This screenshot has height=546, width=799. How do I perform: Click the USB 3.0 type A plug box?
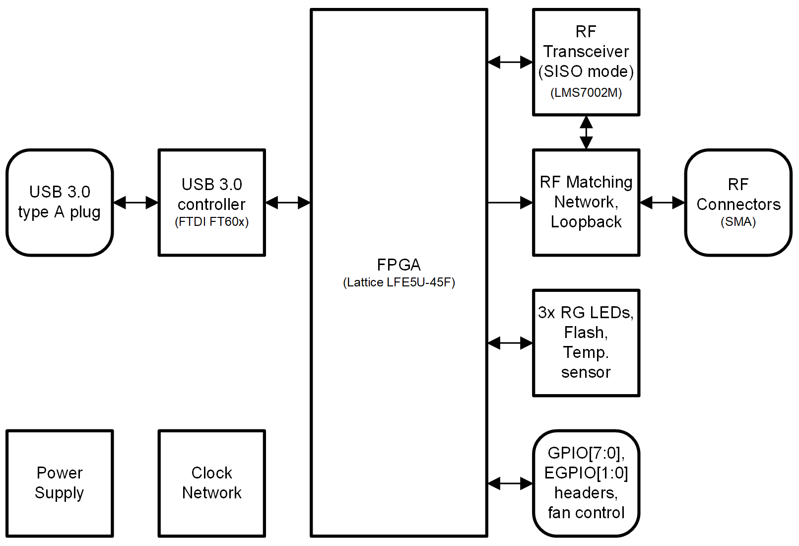[60, 203]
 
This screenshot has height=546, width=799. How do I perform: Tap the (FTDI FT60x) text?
[211, 222]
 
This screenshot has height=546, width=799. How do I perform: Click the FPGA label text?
[399, 265]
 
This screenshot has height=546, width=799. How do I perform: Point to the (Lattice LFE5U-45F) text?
[399, 282]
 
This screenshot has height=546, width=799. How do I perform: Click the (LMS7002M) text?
[586, 93]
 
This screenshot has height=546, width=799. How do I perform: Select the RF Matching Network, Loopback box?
[586, 203]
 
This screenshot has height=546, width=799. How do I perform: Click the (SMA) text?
[738, 222]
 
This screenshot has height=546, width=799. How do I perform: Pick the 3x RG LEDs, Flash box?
[586, 342]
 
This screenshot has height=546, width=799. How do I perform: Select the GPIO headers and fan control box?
[586, 483]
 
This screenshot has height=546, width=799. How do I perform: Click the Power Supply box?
[60, 483]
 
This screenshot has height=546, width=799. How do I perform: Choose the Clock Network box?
[211, 483]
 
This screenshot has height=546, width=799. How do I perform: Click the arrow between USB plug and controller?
[135, 203]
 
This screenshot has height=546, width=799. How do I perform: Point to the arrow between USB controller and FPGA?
[288, 203]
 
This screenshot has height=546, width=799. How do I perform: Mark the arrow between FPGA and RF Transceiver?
[510, 63]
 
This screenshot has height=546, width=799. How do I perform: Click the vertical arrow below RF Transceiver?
[586, 133]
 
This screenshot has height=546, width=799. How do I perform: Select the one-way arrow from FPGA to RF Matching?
[510, 203]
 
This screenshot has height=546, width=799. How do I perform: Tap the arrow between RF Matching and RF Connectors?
[662, 203]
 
